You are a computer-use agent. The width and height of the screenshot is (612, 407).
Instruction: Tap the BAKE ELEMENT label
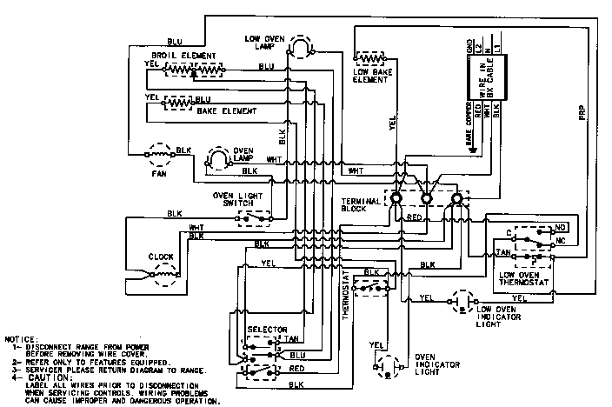[x=225, y=111]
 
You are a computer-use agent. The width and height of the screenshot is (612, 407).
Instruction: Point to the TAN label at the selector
[x=296, y=338]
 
